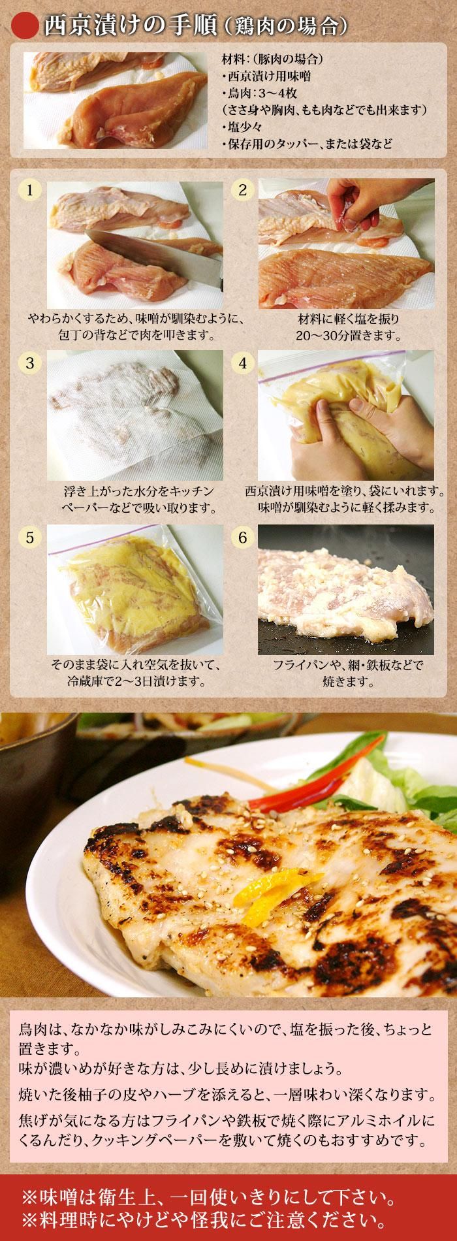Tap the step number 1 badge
(29, 190)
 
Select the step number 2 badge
(242, 190)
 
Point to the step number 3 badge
(29, 363)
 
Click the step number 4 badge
(242, 363)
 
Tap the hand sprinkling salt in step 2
(356, 195)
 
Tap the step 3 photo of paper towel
(135, 415)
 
